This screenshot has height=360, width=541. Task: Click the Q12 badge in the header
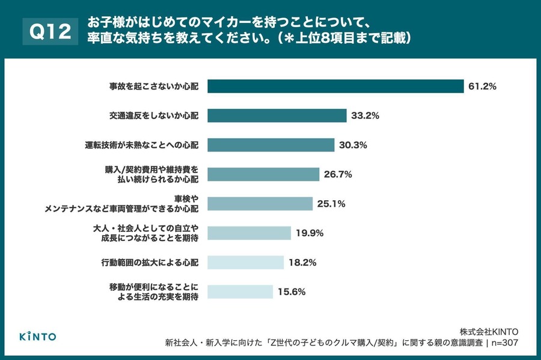coord(50,31)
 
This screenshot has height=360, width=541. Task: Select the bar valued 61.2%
coord(335,87)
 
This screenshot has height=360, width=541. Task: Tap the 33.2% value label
coord(365,116)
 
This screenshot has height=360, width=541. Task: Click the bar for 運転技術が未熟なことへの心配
coord(270,145)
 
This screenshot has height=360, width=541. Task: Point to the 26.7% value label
coord(338,174)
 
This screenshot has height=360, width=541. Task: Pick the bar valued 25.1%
coord(260,204)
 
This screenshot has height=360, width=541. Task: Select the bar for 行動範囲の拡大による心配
coord(245,263)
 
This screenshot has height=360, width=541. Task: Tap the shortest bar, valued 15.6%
coord(240,292)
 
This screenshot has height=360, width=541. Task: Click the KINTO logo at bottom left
coord(37,336)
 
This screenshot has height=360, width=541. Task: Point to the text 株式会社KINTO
coord(489,331)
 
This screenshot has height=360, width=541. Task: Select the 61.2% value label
coord(482,87)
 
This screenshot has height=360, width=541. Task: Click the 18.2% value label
coord(302,263)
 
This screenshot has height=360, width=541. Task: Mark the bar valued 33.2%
coord(277,115)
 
